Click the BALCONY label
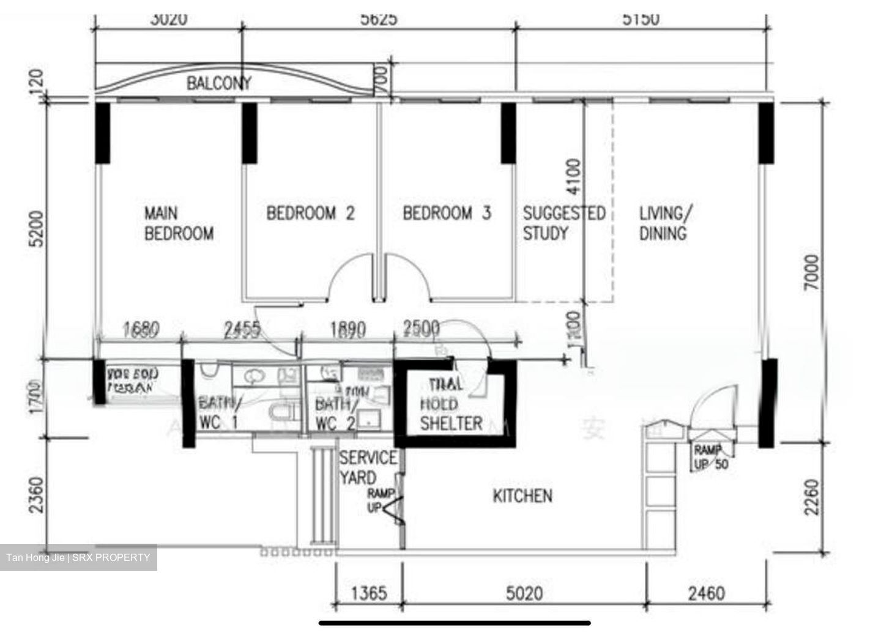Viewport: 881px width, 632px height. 218,83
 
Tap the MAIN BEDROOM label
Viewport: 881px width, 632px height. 179,223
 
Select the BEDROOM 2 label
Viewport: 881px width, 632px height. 310,214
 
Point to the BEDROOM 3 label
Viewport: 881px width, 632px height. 447,214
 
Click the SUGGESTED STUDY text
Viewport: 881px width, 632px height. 563,223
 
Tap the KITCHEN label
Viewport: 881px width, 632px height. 522,496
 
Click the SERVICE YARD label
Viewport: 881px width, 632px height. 368,467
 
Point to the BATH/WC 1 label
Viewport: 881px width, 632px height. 219,413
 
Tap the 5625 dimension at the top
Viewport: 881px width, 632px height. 378,19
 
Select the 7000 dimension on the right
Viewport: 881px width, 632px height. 811,273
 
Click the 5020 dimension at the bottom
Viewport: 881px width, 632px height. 524,593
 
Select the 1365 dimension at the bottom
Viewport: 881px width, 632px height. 370,593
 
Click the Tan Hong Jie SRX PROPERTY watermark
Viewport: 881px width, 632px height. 78,557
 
